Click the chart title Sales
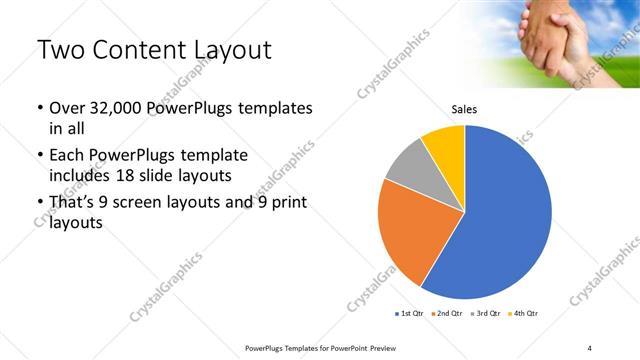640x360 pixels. coord(464,108)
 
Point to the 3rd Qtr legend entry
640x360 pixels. coord(487,314)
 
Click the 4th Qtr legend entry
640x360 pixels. coord(524,314)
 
